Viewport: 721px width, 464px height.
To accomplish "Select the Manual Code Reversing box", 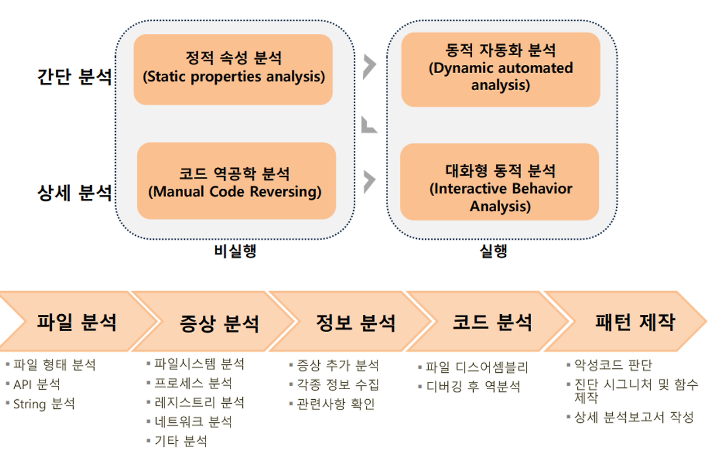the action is click(x=236, y=181).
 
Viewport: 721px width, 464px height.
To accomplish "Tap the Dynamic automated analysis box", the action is click(x=501, y=69).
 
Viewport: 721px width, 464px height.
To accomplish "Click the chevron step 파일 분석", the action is click(x=77, y=322).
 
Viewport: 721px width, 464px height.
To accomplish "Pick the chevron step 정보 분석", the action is click(x=356, y=322).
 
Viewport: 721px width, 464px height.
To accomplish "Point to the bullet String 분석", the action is click(x=44, y=404).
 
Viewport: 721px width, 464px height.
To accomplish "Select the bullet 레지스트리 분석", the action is click(x=199, y=403).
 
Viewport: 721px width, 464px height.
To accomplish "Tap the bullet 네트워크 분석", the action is click(x=193, y=422).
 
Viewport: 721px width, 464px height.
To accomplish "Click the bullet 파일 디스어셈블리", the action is click(x=477, y=368).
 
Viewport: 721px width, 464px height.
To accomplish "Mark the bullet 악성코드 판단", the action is click(x=613, y=365).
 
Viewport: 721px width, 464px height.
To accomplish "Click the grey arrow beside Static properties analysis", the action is click(x=369, y=67).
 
